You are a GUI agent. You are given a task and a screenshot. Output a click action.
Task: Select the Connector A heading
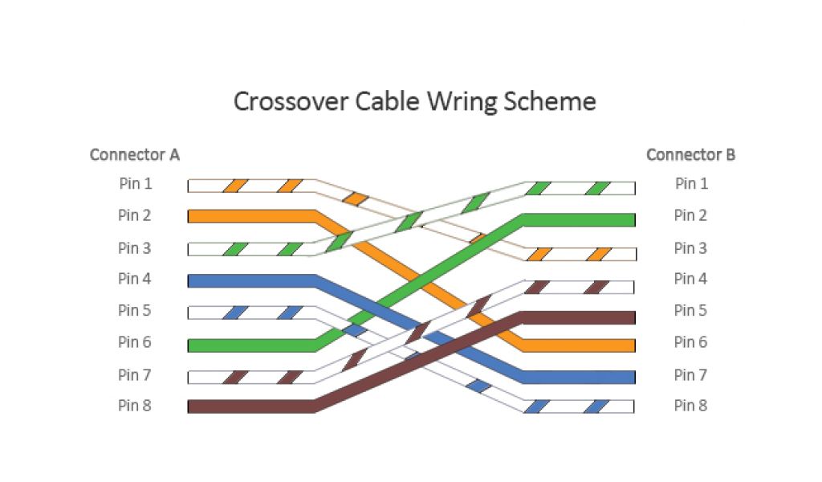(x=135, y=154)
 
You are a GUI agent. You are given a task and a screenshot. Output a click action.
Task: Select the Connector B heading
(x=690, y=154)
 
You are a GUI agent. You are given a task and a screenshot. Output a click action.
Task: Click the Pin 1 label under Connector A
(x=135, y=184)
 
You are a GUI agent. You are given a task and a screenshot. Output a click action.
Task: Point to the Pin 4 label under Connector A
(x=135, y=280)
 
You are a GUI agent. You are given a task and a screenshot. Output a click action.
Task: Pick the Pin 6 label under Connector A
(x=135, y=343)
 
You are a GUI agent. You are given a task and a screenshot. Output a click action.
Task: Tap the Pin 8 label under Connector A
(x=135, y=406)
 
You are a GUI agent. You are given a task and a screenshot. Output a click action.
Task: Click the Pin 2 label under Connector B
(x=690, y=215)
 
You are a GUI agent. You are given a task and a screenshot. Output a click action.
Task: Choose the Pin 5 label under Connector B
(x=690, y=311)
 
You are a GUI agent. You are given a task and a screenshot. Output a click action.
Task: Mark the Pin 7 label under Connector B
(x=690, y=375)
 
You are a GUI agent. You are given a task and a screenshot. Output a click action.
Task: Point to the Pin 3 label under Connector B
(x=690, y=248)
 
